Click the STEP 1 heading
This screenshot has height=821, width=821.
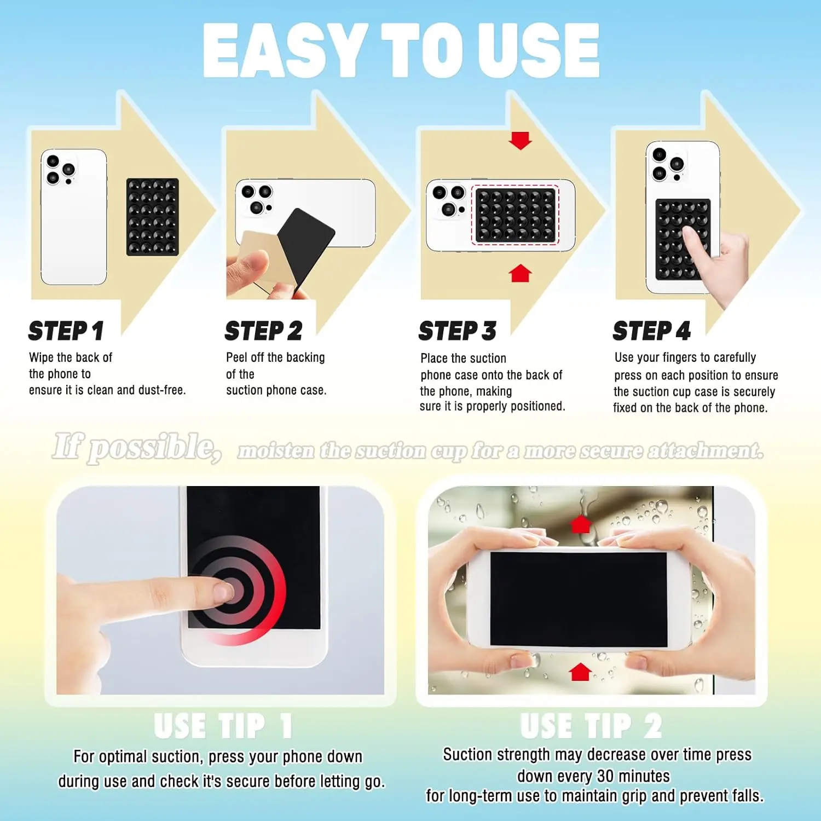pyautogui.click(x=66, y=331)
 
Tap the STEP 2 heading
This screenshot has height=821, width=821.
pyautogui.click(x=263, y=331)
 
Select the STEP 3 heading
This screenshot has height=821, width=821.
pyautogui.click(x=458, y=331)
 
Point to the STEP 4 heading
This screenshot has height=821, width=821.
pyautogui.click(x=651, y=331)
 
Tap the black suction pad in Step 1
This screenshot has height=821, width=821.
pyautogui.click(x=152, y=217)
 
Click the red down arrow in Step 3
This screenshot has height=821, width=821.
pyautogui.click(x=520, y=140)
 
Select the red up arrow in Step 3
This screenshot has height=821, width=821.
pyautogui.click(x=520, y=273)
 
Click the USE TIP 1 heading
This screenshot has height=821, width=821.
pyautogui.click(x=223, y=726)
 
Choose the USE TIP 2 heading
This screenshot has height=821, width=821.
pyautogui.click(x=591, y=726)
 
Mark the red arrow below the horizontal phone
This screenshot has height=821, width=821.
pyautogui.click(x=580, y=672)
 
